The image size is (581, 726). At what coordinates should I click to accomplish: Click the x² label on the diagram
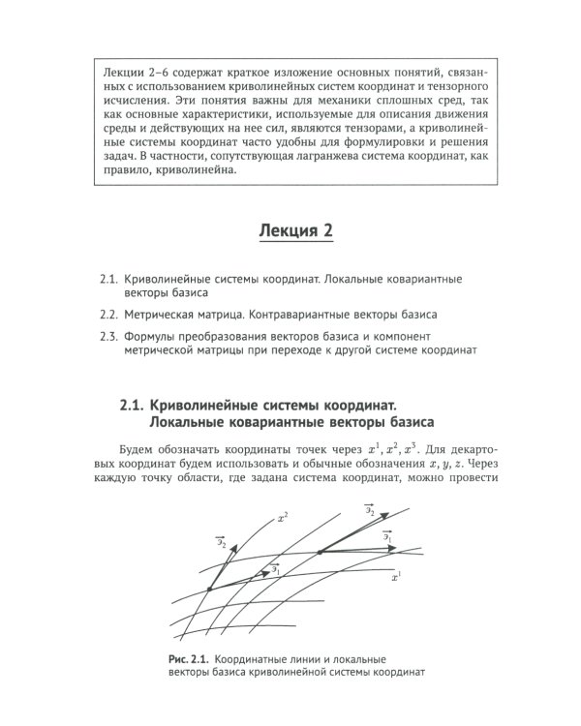click(282, 519)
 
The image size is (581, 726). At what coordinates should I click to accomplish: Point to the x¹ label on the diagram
click(395, 576)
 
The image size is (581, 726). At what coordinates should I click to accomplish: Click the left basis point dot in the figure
click(209, 588)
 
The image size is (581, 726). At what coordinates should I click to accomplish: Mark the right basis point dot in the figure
click(319, 552)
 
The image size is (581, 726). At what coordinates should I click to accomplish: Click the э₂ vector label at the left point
click(223, 546)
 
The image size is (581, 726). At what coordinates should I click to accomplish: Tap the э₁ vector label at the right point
click(386, 535)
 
